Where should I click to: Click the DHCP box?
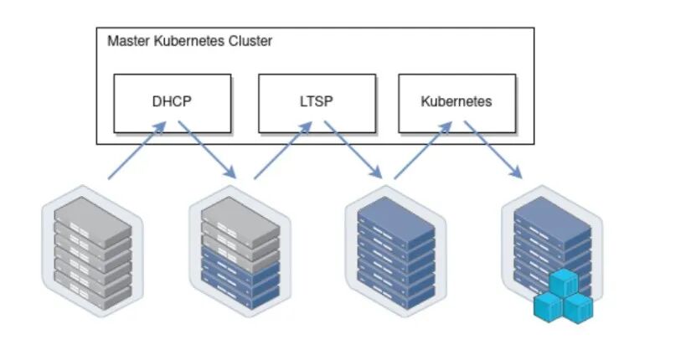[x=173, y=103]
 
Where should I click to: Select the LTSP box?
[x=317, y=103]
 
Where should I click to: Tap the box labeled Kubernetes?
[x=457, y=103]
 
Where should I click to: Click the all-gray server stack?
[x=93, y=250]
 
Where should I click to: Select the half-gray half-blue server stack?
[x=240, y=250]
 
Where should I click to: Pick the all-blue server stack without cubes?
[x=396, y=250]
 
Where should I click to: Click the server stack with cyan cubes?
[x=553, y=254]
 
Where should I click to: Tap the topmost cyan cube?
[x=564, y=283]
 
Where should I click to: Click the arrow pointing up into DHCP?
[x=137, y=151]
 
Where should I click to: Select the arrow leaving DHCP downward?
[x=208, y=150]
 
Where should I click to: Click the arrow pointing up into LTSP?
[x=283, y=151]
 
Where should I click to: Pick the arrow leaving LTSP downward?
[x=353, y=150]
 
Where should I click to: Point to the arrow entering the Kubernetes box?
[x=423, y=151]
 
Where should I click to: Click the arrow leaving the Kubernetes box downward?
[x=493, y=150]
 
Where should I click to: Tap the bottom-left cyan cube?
[x=548, y=307]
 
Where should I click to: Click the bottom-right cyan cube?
[x=579, y=308]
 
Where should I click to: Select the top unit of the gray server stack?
[x=93, y=222]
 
